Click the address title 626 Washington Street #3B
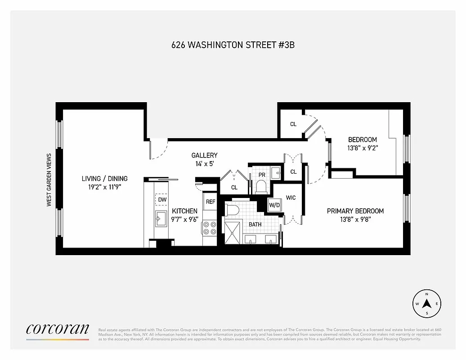(x=233, y=45)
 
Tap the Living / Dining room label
(x=104, y=178)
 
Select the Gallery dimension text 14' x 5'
(x=204, y=163)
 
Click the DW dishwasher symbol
(x=161, y=199)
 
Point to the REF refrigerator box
(x=211, y=202)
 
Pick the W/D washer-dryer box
(x=274, y=205)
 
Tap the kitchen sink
(x=161, y=219)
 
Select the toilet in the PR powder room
(x=261, y=186)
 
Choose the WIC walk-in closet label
(x=290, y=198)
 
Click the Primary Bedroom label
(x=355, y=211)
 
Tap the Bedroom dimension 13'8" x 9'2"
(x=362, y=148)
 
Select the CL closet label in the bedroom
(x=293, y=124)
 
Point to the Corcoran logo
(x=57, y=329)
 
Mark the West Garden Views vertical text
(x=49, y=180)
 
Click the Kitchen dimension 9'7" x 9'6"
(x=184, y=220)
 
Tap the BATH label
(x=255, y=224)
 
